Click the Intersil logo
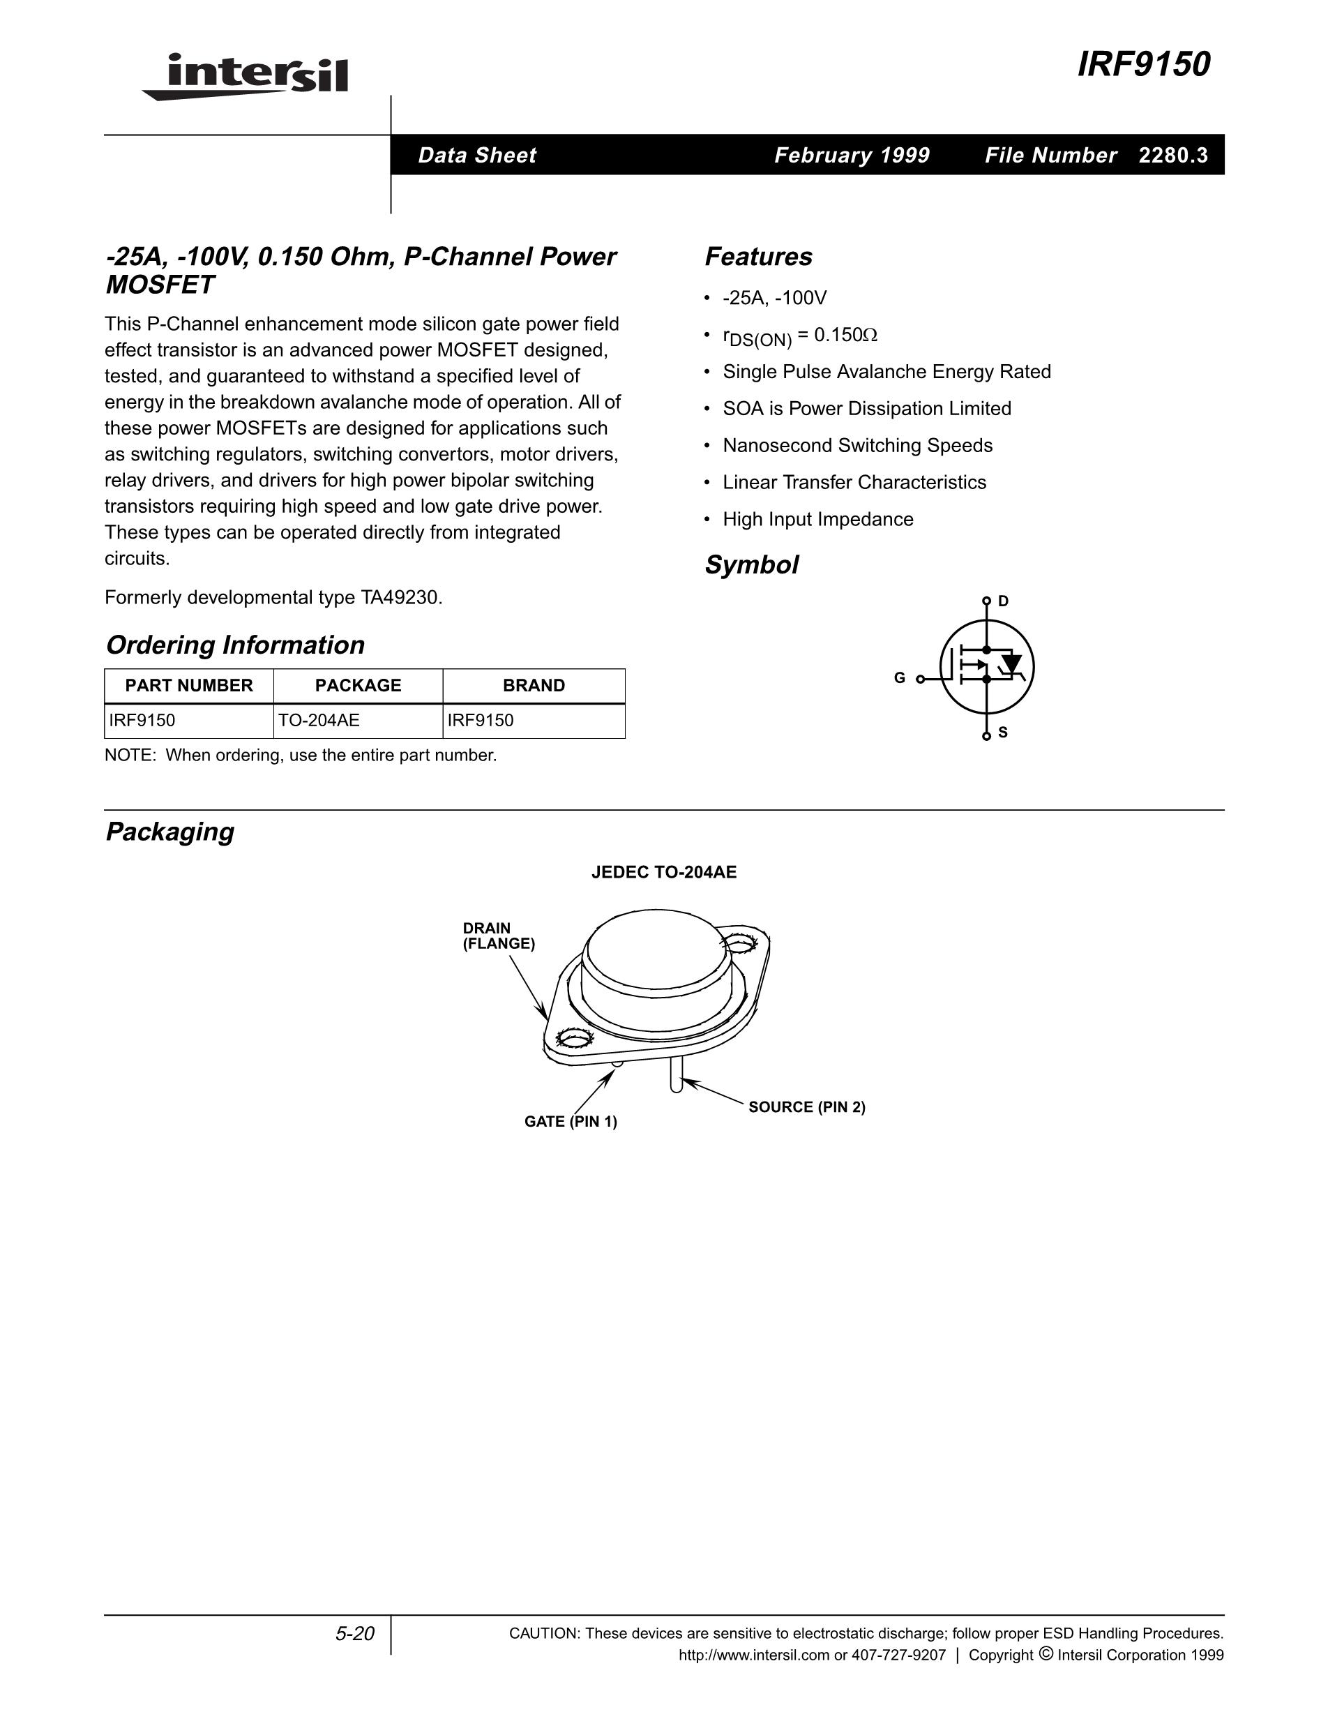[246, 76]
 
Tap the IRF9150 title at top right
[1143, 65]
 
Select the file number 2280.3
[1173, 155]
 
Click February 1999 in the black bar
[852, 155]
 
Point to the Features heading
[758, 257]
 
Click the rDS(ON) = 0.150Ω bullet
[799, 336]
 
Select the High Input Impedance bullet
[817, 520]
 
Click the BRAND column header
[534, 686]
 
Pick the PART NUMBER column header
[189, 686]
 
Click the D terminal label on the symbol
[1003, 601]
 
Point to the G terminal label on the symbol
[899, 677]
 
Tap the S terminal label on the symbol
[1003, 733]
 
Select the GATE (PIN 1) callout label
[571, 1122]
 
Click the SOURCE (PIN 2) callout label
[806, 1106]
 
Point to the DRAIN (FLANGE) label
[498, 936]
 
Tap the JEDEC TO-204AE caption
[664, 872]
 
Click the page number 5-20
[355, 1634]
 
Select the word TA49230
[400, 597]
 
